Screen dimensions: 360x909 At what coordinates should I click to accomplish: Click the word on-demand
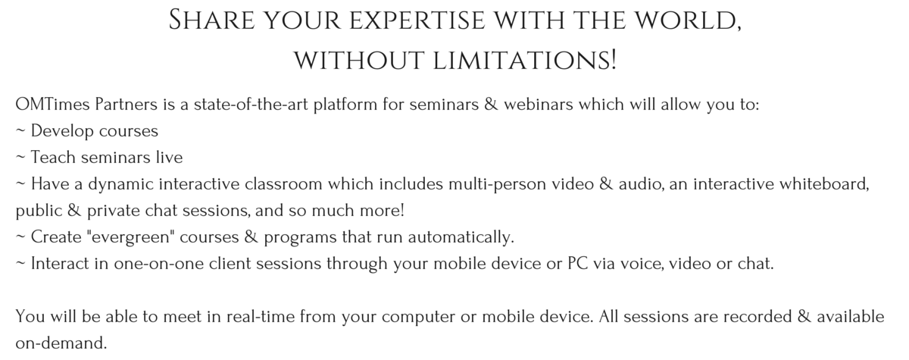[61, 343]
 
